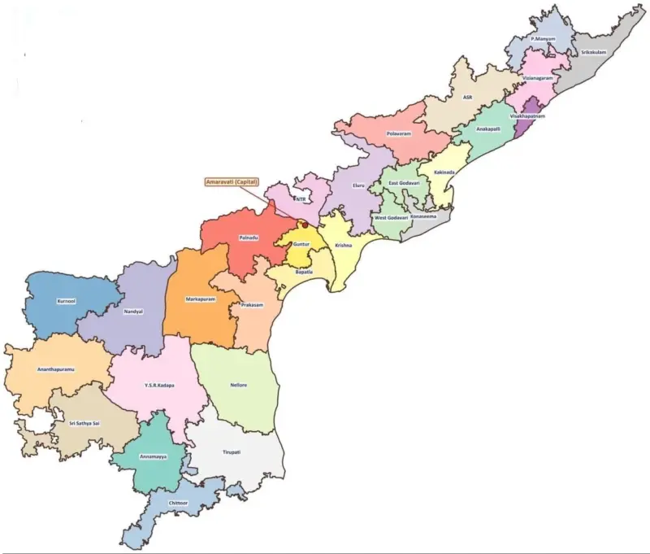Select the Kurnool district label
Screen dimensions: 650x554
tap(67, 300)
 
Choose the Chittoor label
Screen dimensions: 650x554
tap(179, 504)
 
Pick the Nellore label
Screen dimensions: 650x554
tap(239, 384)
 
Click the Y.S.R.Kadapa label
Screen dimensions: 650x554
tap(159, 385)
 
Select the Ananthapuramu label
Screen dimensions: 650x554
tap(56, 369)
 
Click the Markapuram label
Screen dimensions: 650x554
tap(200, 299)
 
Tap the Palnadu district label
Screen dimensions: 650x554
tap(248, 237)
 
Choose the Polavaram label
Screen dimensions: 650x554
tap(399, 133)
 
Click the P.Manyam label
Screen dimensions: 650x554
tap(543, 38)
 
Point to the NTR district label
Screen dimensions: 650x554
tap(301, 198)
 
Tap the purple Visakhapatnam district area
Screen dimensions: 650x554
tap(533, 107)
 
